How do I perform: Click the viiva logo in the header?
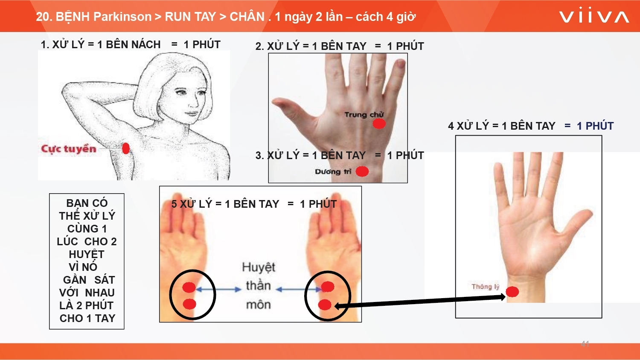click(x=594, y=16)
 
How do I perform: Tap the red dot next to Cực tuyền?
click(x=126, y=148)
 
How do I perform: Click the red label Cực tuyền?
click(x=69, y=149)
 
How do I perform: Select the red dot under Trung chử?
click(x=379, y=124)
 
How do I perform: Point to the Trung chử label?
click(x=364, y=114)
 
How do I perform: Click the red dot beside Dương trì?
click(x=362, y=171)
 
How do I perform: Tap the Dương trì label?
click(x=333, y=171)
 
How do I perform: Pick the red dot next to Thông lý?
click(x=512, y=292)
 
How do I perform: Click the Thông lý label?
click(x=486, y=287)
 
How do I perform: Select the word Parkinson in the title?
click(x=122, y=17)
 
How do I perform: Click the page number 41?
click(x=585, y=344)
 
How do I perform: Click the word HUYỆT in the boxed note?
click(x=87, y=254)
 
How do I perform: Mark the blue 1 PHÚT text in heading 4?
click(x=595, y=126)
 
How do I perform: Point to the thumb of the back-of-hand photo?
click(x=291, y=109)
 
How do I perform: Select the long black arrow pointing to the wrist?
click(x=420, y=302)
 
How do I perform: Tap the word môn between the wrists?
click(x=259, y=305)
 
